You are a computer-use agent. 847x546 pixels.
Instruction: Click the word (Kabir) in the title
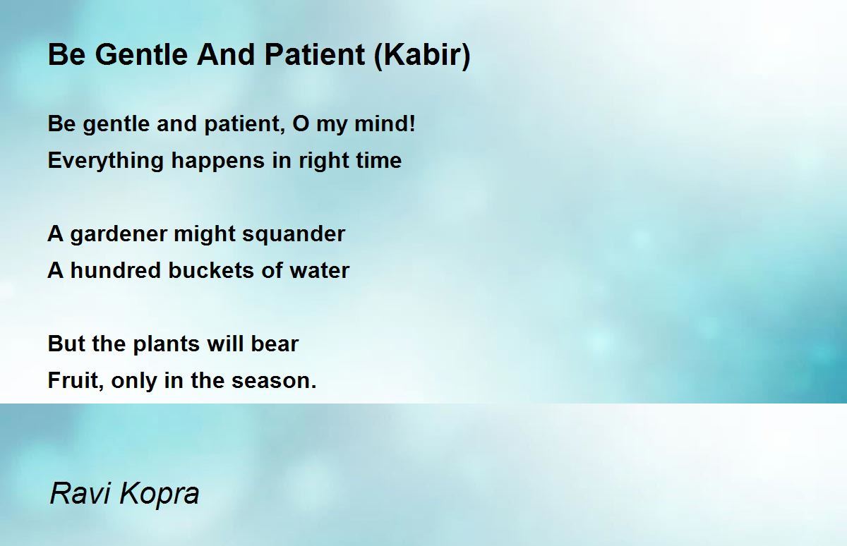click(422, 56)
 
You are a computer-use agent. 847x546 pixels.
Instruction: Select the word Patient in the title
click(314, 54)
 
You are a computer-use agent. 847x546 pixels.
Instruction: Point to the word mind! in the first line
click(385, 123)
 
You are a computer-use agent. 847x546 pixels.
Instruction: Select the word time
click(378, 160)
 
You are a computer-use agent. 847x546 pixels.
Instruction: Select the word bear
click(275, 344)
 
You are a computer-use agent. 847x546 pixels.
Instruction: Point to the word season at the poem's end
click(271, 381)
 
